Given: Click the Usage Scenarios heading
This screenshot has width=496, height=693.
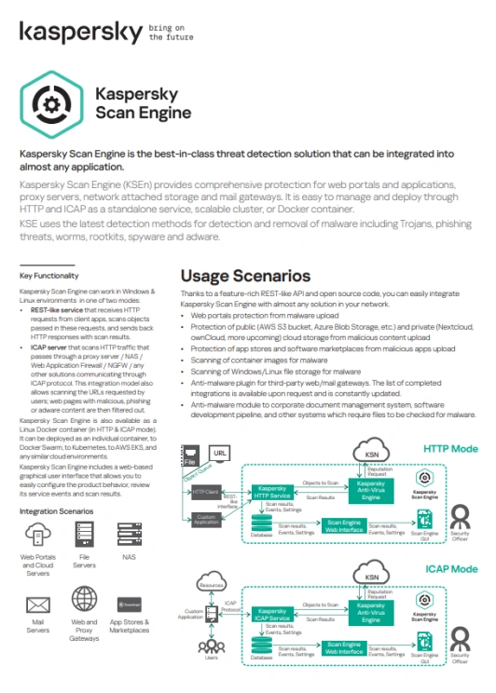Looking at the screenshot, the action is tap(245, 276).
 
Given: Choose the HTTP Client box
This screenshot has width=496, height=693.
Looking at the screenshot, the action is tap(205, 491).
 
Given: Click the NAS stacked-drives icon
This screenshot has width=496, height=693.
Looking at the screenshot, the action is tap(130, 535).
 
